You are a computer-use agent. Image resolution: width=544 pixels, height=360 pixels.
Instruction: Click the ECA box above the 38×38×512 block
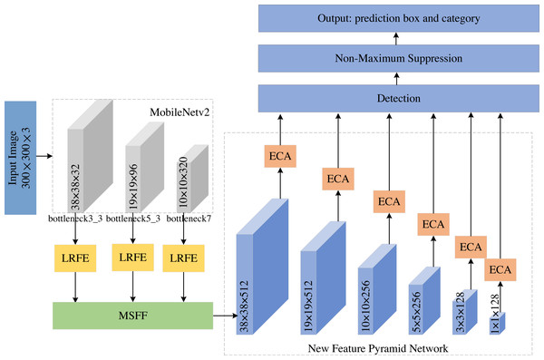280,155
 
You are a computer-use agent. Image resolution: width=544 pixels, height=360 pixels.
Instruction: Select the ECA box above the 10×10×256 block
388,200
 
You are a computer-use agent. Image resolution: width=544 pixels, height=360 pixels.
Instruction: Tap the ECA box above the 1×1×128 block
498,268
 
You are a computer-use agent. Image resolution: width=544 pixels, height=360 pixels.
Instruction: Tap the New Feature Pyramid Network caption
378,348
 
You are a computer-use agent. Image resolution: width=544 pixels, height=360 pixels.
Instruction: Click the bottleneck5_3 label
134,219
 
